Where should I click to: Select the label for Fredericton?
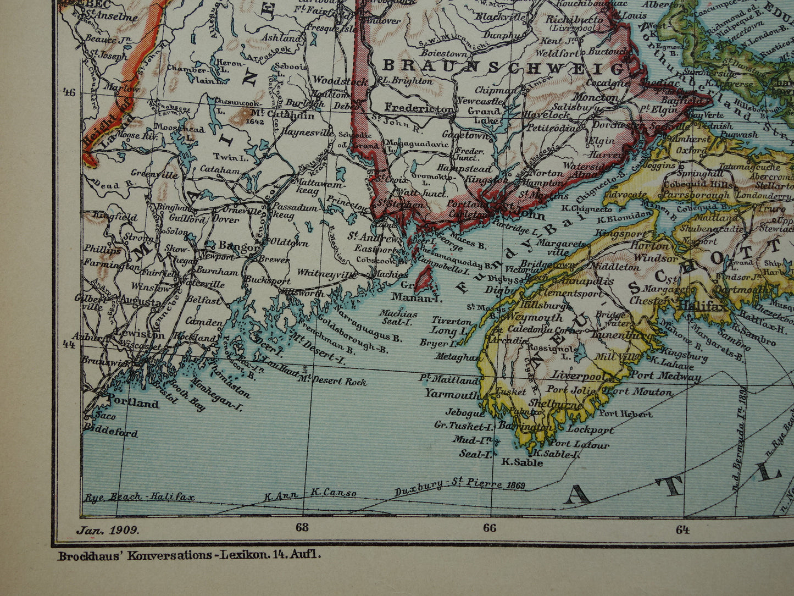point(420,108)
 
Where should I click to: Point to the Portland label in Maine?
point(132,403)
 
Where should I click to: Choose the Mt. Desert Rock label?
point(332,380)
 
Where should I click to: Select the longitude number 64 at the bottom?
point(682,530)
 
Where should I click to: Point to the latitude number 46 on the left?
point(69,92)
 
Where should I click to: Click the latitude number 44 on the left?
point(69,345)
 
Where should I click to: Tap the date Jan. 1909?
point(108,531)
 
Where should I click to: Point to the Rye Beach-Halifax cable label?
point(139,498)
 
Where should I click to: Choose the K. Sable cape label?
point(522,462)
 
